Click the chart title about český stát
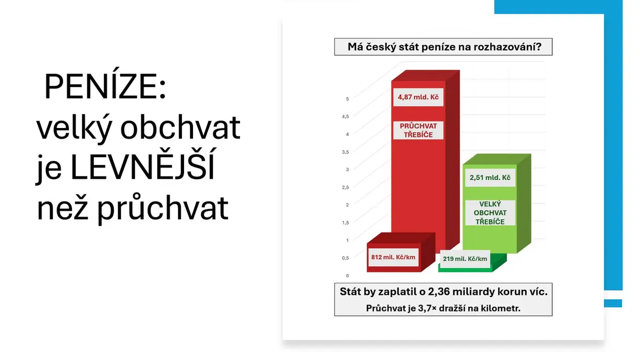coord(444,46)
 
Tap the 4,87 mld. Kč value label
coord(418,97)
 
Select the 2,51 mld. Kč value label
coord(490,178)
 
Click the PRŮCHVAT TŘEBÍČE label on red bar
coord(418,130)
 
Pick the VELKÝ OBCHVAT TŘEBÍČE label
coord(490,213)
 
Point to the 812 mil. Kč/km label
coord(393,257)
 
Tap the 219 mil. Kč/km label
coord(465,259)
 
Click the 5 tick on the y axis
coord(347,99)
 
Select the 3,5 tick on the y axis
coord(346,152)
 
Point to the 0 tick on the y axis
coord(347,276)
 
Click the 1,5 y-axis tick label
coord(346,222)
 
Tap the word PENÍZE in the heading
coord(105,86)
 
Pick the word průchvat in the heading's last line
coord(162,207)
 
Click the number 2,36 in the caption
coord(438,292)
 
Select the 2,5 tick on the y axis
coord(346,187)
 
